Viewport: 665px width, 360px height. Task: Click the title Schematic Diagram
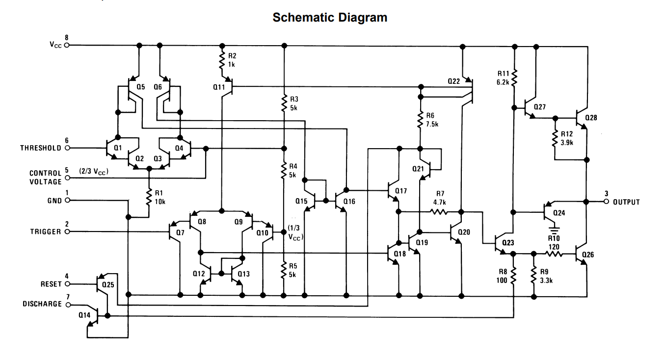[x=329, y=17]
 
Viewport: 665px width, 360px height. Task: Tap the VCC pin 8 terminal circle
[x=67, y=45]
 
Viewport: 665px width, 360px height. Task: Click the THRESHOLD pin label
[x=41, y=148]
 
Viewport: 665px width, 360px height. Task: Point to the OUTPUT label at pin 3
[x=626, y=202]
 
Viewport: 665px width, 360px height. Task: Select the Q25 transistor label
[x=108, y=284]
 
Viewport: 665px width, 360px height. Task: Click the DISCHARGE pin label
[x=42, y=304]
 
